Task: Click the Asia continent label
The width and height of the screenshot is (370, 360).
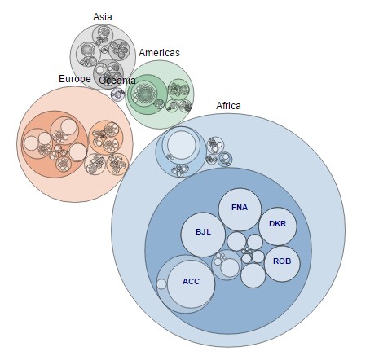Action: point(103,17)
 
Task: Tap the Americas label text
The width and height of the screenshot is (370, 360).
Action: point(159,53)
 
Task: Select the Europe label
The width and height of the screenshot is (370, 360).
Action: point(75,79)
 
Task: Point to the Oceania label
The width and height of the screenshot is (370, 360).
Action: point(117,81)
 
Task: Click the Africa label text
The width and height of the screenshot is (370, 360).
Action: point(228,106)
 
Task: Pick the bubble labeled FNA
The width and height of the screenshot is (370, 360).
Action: point(240,209)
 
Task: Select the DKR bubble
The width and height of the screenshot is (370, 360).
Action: point(278,226)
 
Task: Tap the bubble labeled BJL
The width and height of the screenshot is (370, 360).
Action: point(203,235)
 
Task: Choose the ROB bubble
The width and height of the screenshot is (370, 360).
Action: point(282,264)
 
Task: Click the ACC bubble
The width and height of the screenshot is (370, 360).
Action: point(191,284)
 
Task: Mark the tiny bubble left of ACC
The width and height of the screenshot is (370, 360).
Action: point(161,284)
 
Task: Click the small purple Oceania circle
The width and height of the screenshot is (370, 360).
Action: point(118,94)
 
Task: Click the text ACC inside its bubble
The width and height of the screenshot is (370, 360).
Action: point(191,282)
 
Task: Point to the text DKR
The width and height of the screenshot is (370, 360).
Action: point(277,224)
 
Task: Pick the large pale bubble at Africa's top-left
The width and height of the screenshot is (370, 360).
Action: point(181,145)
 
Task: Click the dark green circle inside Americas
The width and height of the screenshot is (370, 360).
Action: point(147,94)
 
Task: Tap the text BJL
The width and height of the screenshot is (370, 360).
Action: point(203,232)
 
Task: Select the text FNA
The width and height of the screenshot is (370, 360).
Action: point(240,208)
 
